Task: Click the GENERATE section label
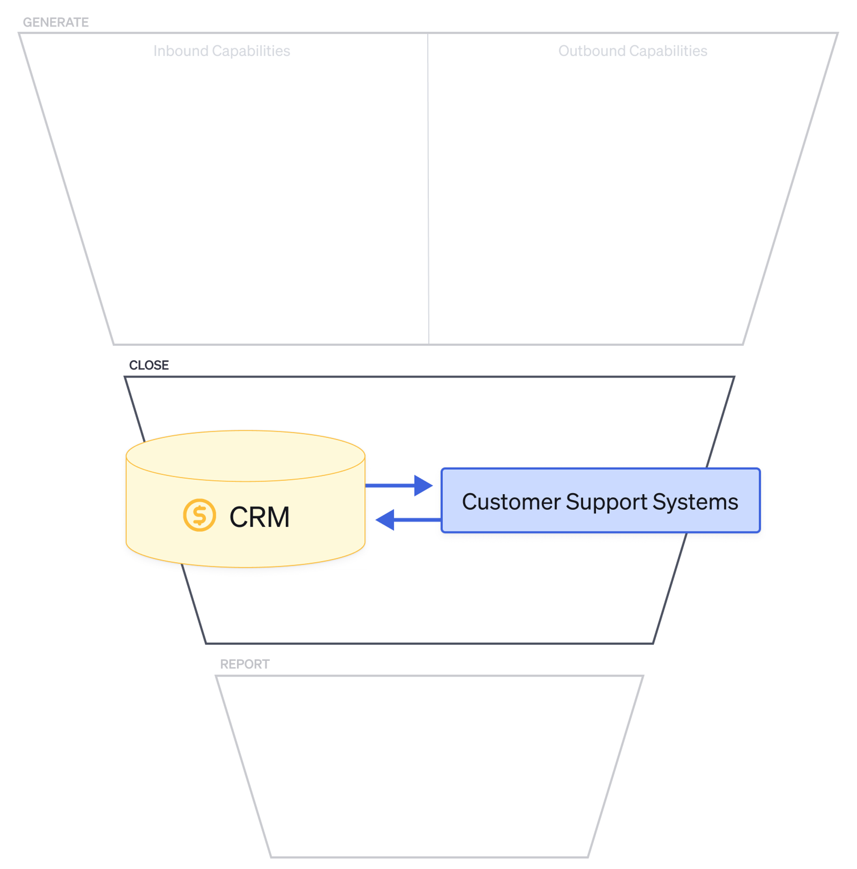coord(55,22)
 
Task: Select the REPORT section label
coord(244,664)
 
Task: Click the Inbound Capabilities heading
coord(222,51)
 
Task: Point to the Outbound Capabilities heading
coord(632,51)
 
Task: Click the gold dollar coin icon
coord(199,515)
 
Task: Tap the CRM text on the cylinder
coord(259,517)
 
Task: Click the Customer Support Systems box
coord(600,500)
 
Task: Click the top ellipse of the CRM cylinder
coord(245,455)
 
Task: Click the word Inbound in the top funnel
coord(180,51)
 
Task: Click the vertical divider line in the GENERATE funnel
coord(427,189)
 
